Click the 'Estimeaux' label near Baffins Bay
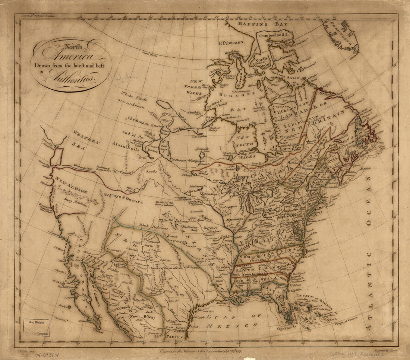[x=231, y=42]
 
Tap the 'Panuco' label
[x=175, y=337]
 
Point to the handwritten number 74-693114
[x=50, y=355]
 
